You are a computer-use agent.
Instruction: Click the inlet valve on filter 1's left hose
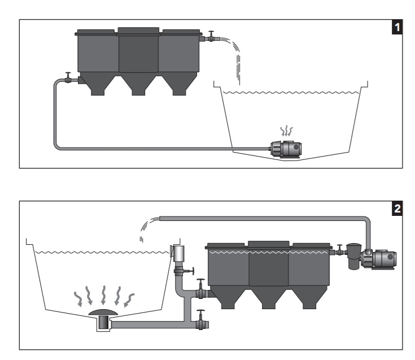pyautogui.click(x=67, y=79)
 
